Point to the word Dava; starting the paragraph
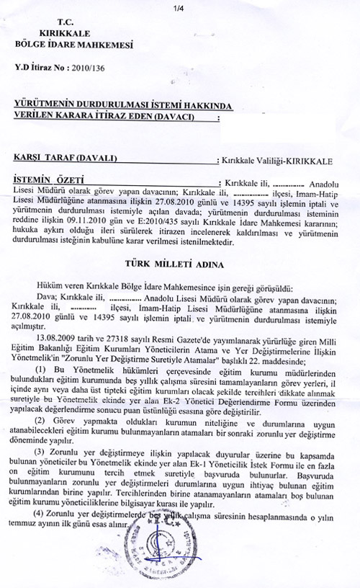(48, 295)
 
